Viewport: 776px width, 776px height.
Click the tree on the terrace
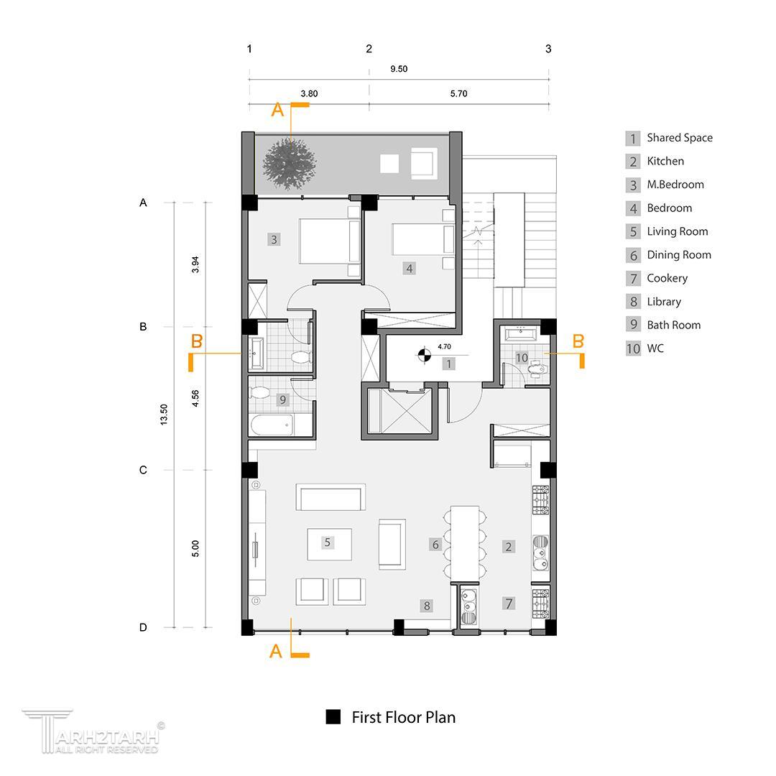click(x=289, y=164)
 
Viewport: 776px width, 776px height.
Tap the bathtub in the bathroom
click(x=272, y=425)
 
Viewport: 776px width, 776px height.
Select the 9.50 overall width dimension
click(x=399, y=69)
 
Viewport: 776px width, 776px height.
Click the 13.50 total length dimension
click(x=164, y=415)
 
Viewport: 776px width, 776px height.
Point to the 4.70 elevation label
click(x=445, y=346)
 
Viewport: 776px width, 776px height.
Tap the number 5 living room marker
click(x=327, y=542)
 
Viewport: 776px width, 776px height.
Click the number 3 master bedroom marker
click(x=274, y=239)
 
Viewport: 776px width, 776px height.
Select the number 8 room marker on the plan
click(x=427, y=605)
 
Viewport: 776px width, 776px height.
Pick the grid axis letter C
click(x=143, y=470)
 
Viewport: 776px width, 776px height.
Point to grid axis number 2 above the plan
click(x=369, y=49)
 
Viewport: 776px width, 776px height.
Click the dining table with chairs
click(x=465, y=542)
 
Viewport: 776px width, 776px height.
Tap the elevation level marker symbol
click(x=424, y=354)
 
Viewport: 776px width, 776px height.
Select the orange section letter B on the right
click(x=578, y=341)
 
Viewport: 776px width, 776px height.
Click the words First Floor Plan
click(x=403, y=717)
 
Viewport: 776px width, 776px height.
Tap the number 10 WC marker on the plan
click(x=522, y=357)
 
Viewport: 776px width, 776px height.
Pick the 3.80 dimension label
click(x=309, y=93)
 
